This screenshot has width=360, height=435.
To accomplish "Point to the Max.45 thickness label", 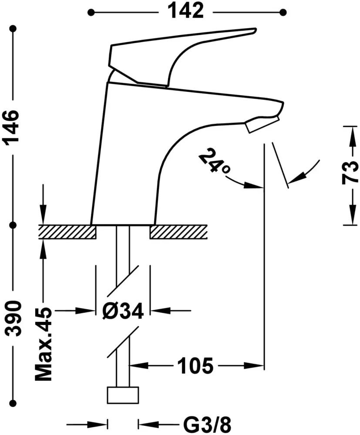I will [43, 344].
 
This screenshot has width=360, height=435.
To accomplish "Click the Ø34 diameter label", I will [123, 311].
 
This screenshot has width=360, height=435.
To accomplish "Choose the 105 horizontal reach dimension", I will [195, 365].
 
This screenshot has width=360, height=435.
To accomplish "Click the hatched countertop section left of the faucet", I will [67, 232].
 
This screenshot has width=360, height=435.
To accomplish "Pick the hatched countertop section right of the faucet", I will [178, 232].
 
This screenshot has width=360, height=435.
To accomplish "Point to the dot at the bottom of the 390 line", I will [13, 402].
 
